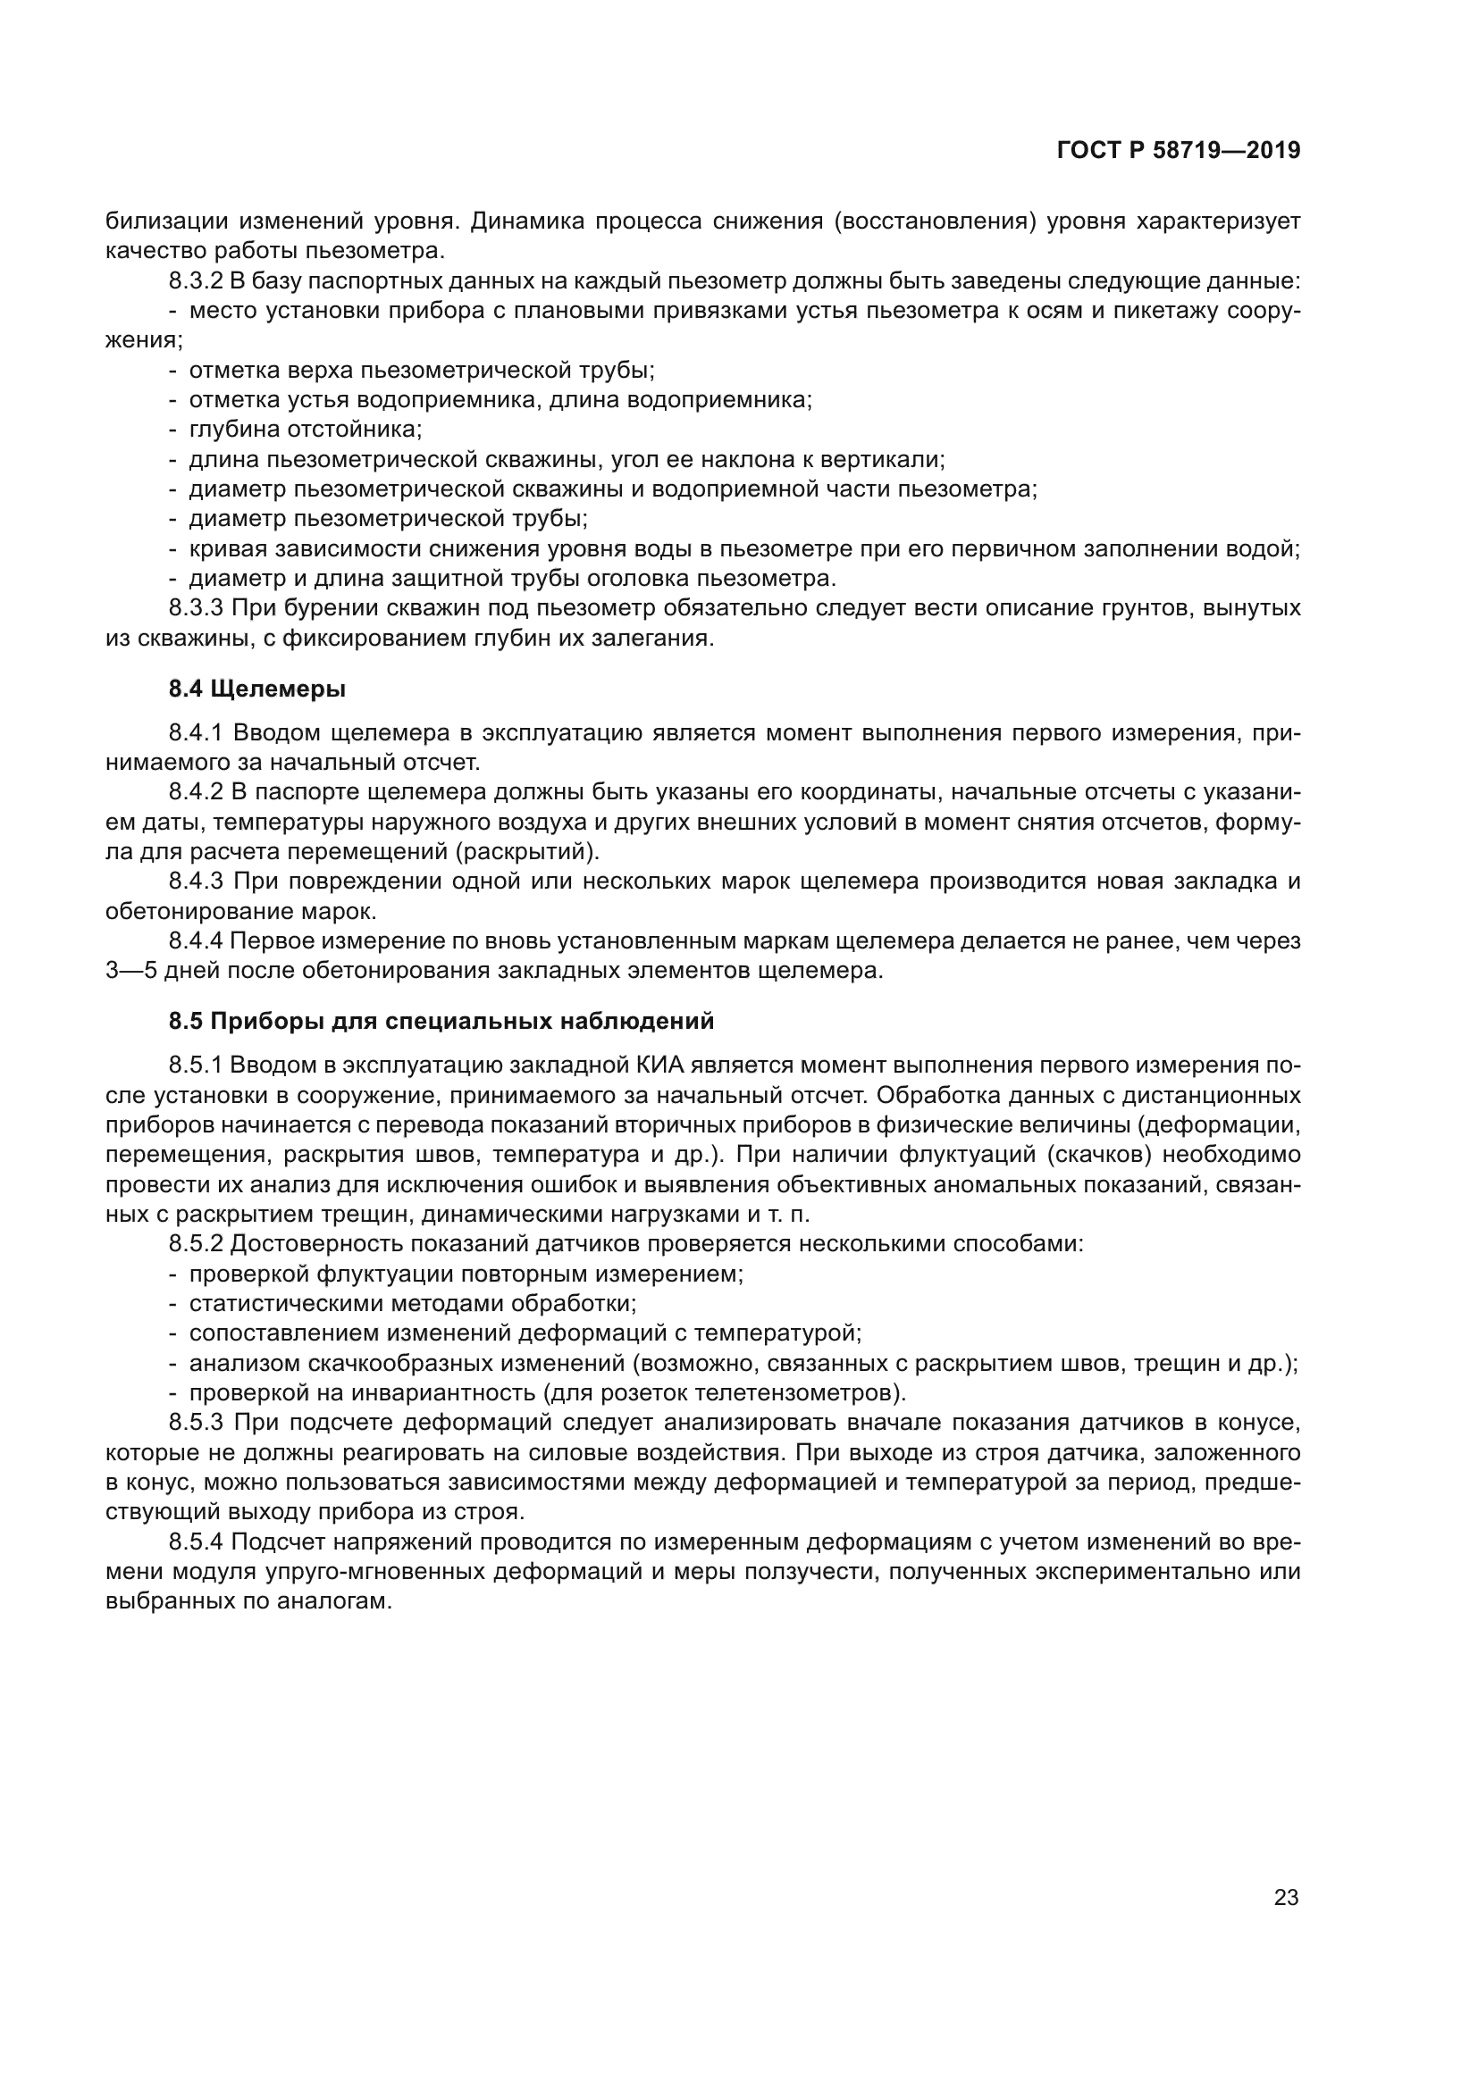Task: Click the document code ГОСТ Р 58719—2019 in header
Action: pos(1178,151)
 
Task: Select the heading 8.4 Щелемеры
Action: pos(257,689)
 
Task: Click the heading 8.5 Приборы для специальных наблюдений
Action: pos(441,1021)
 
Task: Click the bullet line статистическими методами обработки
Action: pos(412,1304)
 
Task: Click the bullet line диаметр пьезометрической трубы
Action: pos(388,519)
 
